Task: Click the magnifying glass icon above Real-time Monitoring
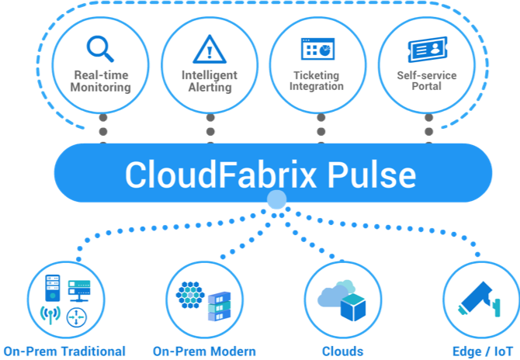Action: click(100, 49)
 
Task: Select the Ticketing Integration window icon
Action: click(317, 49)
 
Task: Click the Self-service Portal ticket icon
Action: click(426, 49)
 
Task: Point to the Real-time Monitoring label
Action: click(101, 81)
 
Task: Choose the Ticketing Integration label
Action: click(317, 81)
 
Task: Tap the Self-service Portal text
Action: click(426, 81)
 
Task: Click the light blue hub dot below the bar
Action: click(276, 201)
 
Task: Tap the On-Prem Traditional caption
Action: click(64, 351)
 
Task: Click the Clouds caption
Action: click(342, 351)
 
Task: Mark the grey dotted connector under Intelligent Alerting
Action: click(210, 128)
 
